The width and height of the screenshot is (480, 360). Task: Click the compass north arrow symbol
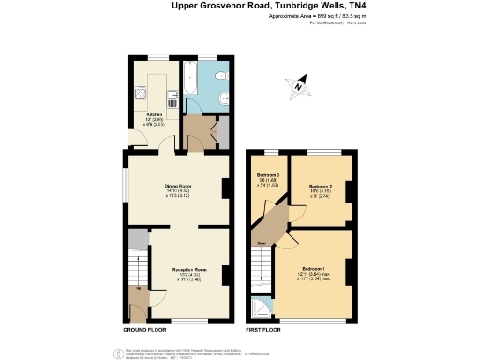(x=298, y=86)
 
